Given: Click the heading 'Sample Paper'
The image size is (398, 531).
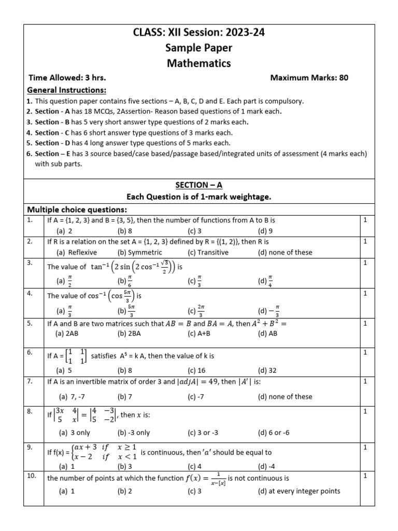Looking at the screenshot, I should [x=199, y=48].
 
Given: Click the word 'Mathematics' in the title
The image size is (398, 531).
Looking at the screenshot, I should [x=199, y=63].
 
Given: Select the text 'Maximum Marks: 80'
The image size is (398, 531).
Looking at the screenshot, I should [x=309, y=78].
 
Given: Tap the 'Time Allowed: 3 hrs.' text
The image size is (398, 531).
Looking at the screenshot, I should [x=67, y=78].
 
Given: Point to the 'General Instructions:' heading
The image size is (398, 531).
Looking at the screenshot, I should [x=63, y=90].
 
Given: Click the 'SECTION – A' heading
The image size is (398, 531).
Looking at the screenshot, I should [x=199, y=185].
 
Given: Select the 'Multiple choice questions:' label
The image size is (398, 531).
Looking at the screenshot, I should [x=77, y=209].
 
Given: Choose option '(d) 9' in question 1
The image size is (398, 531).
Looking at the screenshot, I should [x=266, y=231].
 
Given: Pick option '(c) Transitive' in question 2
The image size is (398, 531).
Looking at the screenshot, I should [x=208, y=252].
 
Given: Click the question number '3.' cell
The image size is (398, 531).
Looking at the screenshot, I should [x=30, y=263].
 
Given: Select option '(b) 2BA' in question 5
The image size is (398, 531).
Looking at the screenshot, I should [x=129, y=333].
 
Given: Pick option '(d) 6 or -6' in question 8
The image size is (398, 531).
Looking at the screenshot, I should [x=274, y=432].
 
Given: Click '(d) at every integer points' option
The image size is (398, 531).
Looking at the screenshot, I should [x=298, y=491].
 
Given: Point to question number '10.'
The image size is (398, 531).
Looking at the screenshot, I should [x=31, y=476].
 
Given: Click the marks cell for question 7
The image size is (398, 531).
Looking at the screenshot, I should [x=365, y=381].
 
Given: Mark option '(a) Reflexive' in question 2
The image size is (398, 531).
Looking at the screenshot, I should [x=76, y=252].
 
